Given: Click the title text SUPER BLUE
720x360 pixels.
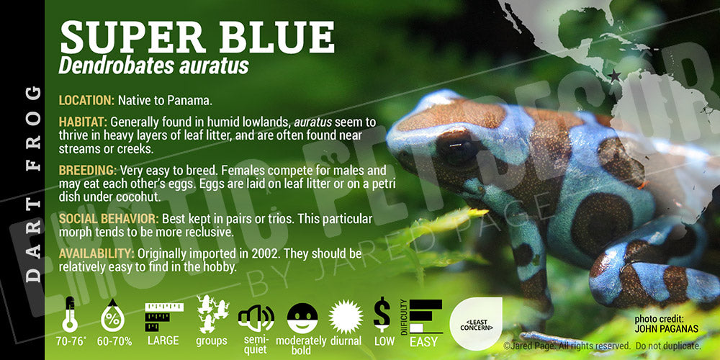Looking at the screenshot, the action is [197, 37].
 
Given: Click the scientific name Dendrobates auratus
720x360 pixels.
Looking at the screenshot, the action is [153, 66].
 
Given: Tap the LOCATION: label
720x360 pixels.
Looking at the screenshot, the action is [86, 101].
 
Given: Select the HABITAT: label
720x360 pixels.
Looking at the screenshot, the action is [83, 122].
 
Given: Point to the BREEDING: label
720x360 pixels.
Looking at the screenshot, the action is [88, 171].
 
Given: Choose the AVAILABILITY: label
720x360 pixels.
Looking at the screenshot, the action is [96, 253].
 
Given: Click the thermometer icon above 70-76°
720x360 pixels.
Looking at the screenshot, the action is [69, 315].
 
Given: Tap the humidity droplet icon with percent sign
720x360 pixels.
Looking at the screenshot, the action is [112, 315].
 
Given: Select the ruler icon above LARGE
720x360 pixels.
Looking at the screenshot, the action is [164, 316].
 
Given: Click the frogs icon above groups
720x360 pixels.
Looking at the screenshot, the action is [212, 314].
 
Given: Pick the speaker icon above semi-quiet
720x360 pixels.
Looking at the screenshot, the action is [256, 318].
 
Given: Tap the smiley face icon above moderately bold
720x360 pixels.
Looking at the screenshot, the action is [302, 318].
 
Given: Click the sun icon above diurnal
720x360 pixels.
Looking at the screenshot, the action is [346, 317].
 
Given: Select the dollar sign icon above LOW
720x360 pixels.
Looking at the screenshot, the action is [382, 314].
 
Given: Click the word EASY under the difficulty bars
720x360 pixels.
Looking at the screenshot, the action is [423, 341].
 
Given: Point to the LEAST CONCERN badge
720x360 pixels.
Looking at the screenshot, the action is [476, 324].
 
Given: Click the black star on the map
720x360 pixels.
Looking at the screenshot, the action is [614, 76].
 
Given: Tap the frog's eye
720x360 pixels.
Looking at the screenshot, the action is [456, 148].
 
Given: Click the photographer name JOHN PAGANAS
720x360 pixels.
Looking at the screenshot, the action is [666, 329].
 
